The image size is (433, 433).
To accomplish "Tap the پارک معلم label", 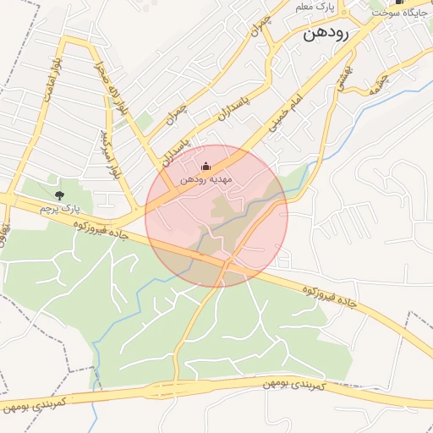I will coord(315,7).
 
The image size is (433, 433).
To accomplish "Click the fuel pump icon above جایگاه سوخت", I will coord(399,3).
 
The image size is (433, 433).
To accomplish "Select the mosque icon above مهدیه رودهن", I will coord(205,166).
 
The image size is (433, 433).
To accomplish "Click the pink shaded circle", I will coord(216,216).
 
